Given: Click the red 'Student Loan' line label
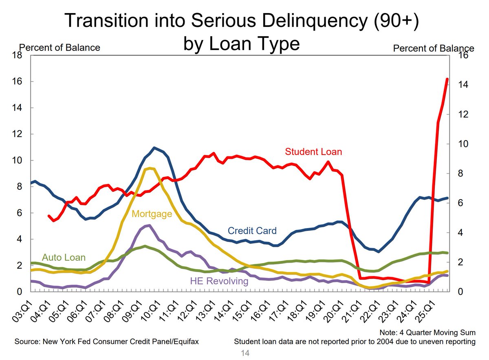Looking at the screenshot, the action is tap(313, 152).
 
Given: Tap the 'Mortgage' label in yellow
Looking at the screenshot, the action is tap(152, 214).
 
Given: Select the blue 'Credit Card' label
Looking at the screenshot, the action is tap(252, 231).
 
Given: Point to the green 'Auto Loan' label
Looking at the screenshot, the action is tap(64, 257).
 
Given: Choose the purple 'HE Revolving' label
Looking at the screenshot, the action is tap(219, 281).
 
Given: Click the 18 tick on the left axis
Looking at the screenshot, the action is tap(17, 55).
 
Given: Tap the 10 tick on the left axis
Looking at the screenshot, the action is tap(17, 160).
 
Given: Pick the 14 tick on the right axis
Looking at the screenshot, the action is tap(463, 85).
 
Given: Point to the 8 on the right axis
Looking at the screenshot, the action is tap(460, 173).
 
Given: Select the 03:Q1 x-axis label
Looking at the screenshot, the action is tap(22, 312).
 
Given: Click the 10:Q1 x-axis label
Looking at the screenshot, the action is tap(151, 312).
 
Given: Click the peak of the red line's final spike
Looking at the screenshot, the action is tap(447, 79).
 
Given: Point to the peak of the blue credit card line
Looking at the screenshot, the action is tap(154, 148).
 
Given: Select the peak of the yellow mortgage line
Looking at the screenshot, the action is tap(150, 168).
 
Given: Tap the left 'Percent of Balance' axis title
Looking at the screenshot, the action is tap(59, 48).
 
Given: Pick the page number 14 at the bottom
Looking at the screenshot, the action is tap(245, 353).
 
